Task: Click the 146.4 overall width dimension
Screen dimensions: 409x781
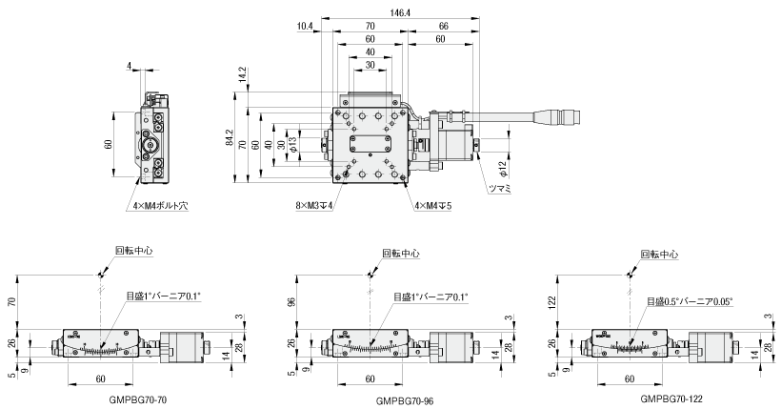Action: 399,11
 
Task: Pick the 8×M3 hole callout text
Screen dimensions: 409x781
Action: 313,204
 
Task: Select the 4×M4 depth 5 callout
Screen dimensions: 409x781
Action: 432,204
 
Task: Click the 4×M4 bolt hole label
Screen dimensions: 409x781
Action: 156,204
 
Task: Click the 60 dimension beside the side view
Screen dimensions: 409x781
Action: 109,143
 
